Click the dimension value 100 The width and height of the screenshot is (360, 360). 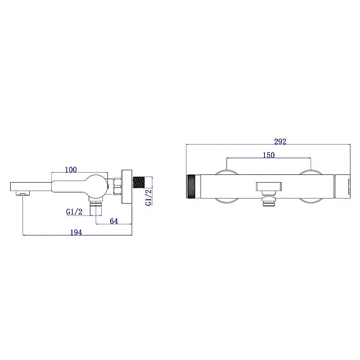(71, 170)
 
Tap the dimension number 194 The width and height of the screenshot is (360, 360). (76, 232)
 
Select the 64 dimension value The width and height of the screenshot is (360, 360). (114, 221)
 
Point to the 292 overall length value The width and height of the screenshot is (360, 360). (280, 141)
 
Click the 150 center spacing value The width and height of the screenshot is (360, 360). (269, 155)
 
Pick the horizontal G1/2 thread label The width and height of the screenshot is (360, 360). (74, 211)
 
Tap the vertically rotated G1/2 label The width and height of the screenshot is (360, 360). (148, 197)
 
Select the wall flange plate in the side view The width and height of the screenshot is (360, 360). (127, 187)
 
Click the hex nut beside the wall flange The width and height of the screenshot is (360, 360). (117, 186)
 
